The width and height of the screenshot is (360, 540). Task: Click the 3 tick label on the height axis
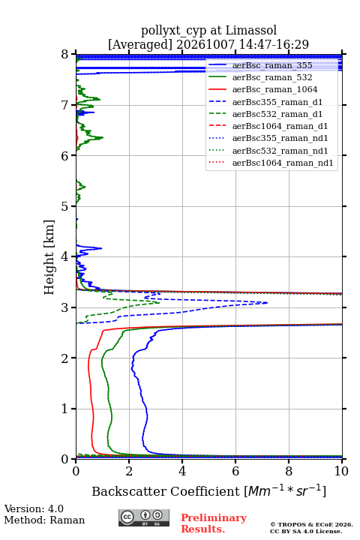click(64, 307)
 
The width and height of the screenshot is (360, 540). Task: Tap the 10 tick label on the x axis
click(341, 471)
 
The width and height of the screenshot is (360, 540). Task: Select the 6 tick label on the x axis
click(235, 471)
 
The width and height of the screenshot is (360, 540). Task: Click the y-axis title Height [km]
click(49, 257)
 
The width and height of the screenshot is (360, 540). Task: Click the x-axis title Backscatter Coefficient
click(165, 491)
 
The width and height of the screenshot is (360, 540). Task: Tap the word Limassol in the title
click(250, 30)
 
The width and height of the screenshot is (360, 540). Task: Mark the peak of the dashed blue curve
click(268, 303)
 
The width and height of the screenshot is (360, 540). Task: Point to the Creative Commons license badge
click(144, 517)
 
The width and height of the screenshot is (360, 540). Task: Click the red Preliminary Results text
click(214, 523)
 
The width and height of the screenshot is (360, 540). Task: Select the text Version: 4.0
click(34, 508)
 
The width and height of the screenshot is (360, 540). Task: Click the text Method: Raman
click(44, 520)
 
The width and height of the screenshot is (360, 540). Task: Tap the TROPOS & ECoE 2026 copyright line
click(311, 524)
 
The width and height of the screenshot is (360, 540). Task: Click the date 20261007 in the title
click(205, 44)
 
